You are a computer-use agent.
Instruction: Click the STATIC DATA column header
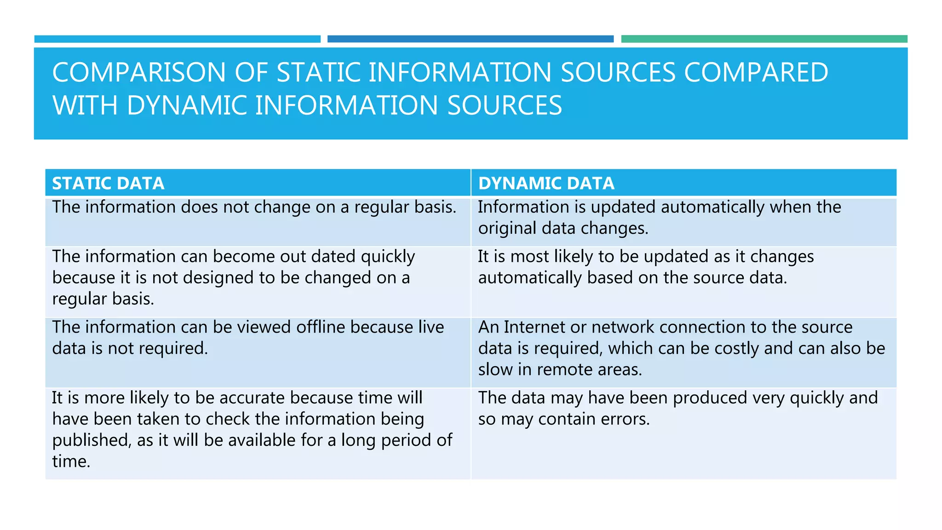point(108,183)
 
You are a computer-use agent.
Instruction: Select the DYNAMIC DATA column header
point(546,183)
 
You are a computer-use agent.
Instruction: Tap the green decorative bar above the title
point(764,39)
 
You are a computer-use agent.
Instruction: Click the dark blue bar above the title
point(470,39)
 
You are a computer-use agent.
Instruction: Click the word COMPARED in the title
point(756,73)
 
